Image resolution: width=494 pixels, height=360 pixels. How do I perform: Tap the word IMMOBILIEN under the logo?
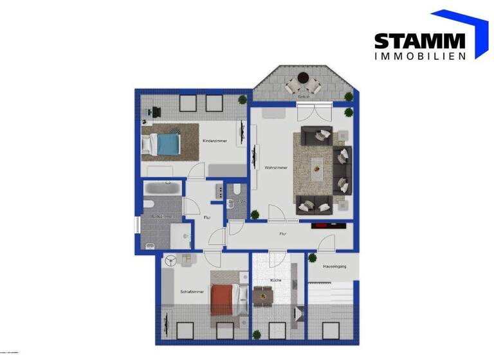[x=419, y=57]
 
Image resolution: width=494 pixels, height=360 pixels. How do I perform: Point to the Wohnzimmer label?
[x=275, y=167]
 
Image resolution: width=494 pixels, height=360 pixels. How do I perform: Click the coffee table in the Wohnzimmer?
[x=318, y=168]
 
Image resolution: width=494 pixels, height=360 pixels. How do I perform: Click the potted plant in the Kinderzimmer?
[x=241, y=99]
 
